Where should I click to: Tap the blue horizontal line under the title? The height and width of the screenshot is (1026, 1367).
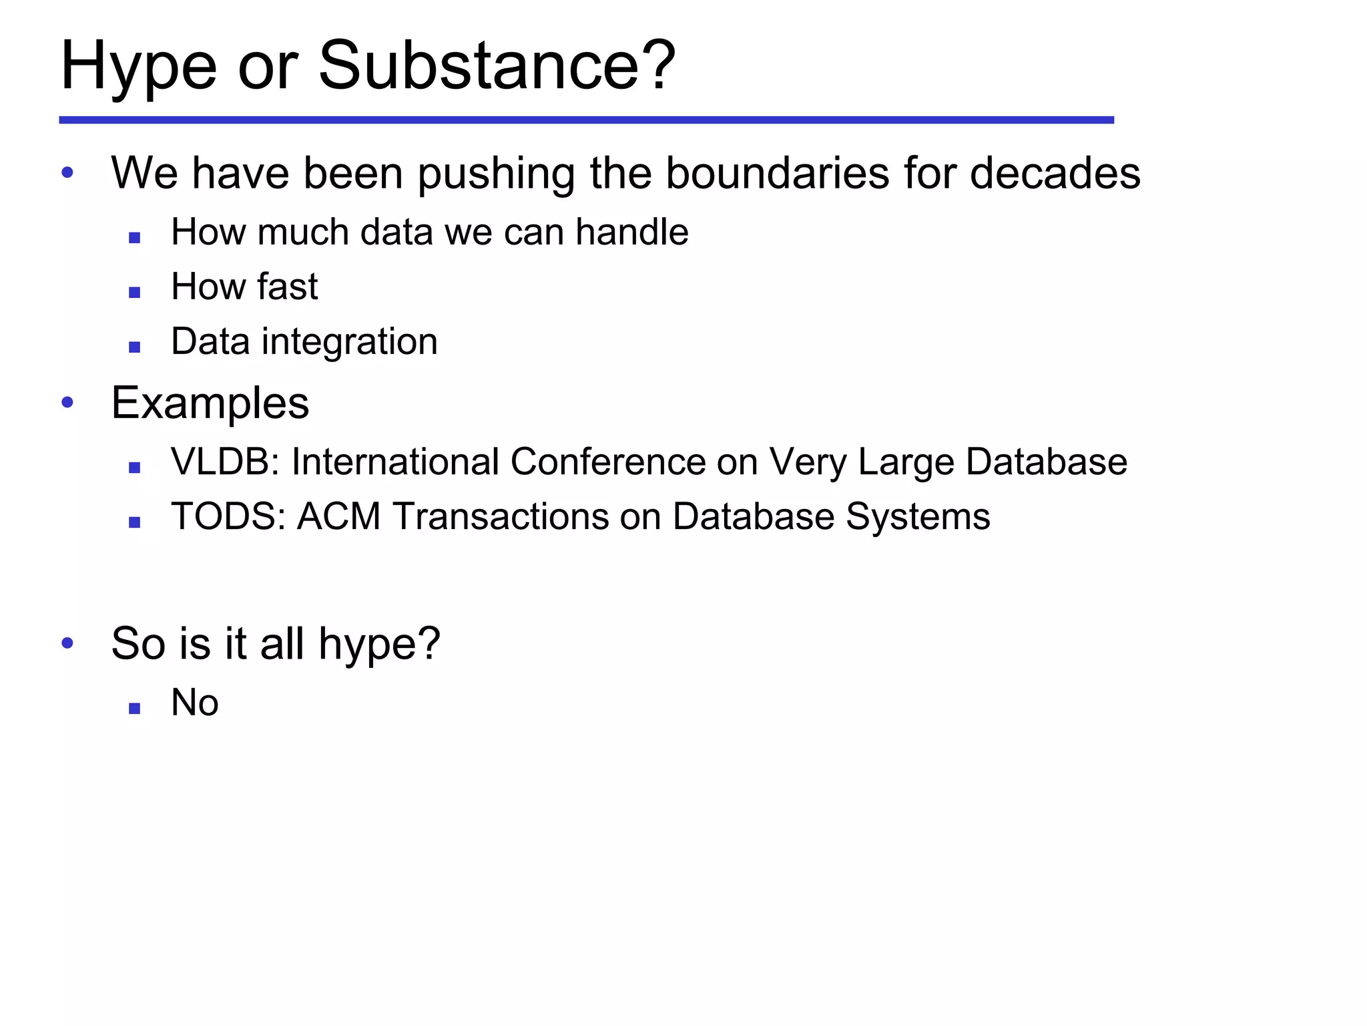pos(586,120)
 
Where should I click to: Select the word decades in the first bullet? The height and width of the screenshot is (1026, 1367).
pos(1055,173)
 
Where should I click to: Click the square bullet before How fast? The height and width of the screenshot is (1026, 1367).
pos(135,292)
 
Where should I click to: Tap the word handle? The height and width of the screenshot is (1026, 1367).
pos(631,232)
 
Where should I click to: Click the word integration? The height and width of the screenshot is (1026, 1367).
pos(349,341)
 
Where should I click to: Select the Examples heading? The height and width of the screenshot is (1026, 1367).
pos(210,403)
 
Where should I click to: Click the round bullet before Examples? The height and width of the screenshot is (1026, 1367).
pos(67,402)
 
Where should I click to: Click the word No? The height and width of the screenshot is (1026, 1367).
pos(194,703)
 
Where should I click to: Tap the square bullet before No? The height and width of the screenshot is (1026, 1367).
pos(135,709)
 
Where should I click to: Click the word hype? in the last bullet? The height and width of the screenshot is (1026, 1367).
pos(379,644)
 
